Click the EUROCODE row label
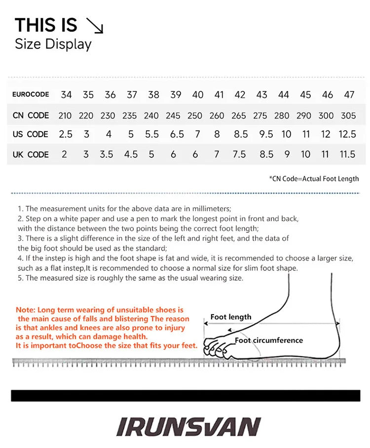[31, 94]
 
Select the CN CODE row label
[31, 115]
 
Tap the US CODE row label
[30, 134]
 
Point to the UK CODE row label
[31, 154]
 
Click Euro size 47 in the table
[349, 95]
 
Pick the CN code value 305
[348, 116]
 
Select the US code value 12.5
[347, 134]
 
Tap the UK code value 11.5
[347, 154]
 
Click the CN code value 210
[65, 116]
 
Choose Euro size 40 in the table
[198, 95]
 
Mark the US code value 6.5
[177, 134]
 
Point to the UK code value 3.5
[106, 154]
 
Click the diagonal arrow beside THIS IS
[95, 26]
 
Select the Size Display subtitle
[53, 44]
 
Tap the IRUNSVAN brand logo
[188, 427]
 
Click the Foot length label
[231, 317]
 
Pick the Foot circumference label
[268, 340]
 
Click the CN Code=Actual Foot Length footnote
[314, 179]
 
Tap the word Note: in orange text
[26, 310]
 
